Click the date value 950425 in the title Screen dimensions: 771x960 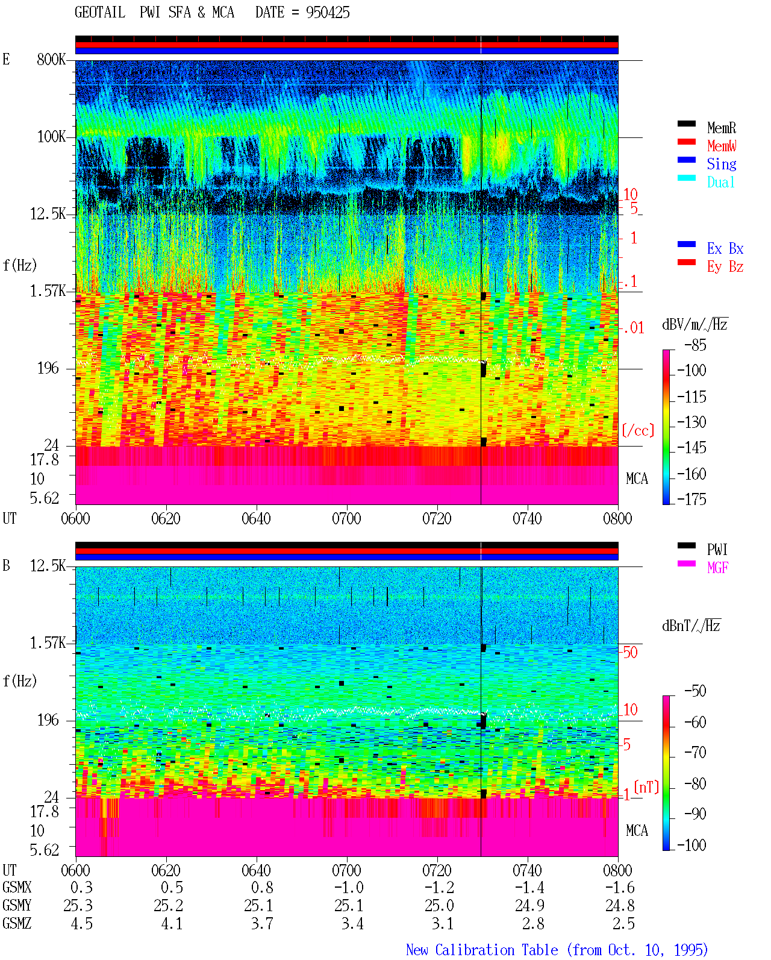(328, 13)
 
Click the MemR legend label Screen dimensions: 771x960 (722, 128)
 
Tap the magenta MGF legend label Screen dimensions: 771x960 (717, 568)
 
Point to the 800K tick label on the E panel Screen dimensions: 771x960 (51, 59)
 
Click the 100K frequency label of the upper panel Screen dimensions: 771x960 (51, 137)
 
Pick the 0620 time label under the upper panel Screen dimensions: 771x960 (166, 519)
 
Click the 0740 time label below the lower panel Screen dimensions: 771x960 (527, 870)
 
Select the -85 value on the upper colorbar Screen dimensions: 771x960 (695, 345)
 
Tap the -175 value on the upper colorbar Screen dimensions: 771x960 (691, 499)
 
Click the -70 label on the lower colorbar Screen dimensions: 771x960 (695, 753)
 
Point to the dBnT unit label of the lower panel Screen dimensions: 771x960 (691, 626)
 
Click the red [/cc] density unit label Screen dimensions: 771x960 (638, 430)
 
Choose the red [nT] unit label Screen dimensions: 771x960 (646, 787)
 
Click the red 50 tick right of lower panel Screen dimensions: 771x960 (630, 653)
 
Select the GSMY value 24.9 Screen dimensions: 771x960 (529, 906)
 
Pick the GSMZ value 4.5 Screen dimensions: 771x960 (81, 924)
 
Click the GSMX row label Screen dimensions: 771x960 (17, 888)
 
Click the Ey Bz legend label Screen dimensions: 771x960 (725, 267)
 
